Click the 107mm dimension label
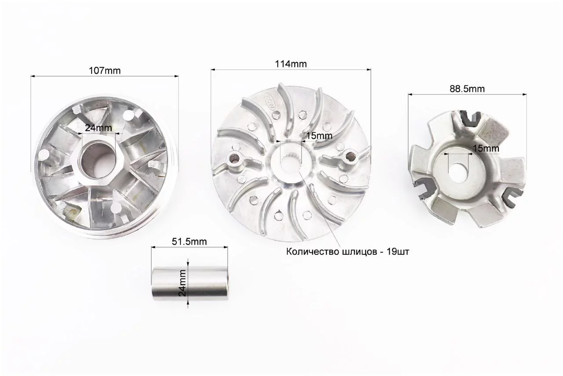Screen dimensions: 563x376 tap(105, 71)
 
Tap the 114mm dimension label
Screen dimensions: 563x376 tap(291, 64)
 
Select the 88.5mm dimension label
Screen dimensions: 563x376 tap(467, 89)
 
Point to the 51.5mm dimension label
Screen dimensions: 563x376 tap(189, 242)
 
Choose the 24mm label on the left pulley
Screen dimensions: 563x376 tap(98, 128)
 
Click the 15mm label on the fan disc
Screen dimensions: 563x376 tap(319, 136)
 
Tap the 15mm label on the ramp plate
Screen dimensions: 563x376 tap(486, 148)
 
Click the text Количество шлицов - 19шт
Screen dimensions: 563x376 tap(347, 252)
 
